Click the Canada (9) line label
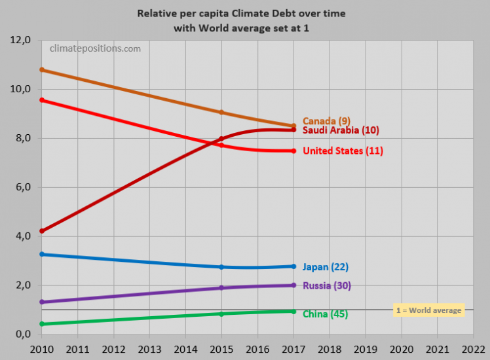[x=326, y=121]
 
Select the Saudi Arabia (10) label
[x=341, y=131]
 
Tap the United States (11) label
[x=343, y=151]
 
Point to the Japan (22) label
[x=325, y=267]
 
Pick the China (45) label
[x=325, y=314]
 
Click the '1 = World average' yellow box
[x=428, y=310]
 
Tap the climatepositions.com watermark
[x=96, y=48]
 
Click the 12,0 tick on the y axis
[x=19, y=40]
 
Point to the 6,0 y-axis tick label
[x=21, y=187]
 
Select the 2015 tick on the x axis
[x=221, y=346]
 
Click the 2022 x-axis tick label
[x=473, y=346]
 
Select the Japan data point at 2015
[x=221, y=267]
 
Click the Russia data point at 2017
[x=293, y=285]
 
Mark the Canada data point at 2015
[x=221, y=112]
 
